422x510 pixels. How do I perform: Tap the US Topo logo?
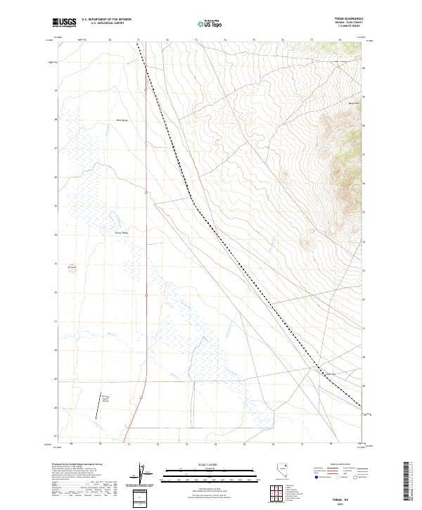point(210,23)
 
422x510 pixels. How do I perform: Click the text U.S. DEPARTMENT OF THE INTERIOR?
point(107,20)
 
